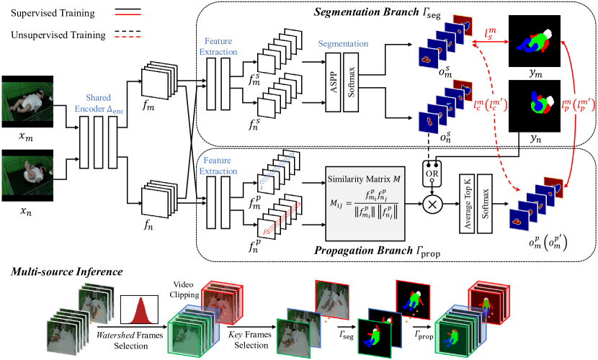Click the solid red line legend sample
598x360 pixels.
(128, 14)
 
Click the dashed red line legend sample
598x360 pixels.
(128, 37)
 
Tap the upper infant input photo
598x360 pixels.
(26, 100)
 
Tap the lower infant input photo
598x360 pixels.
(26, 175)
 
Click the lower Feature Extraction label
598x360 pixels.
(218, 166)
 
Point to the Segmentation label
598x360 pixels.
(343, 44)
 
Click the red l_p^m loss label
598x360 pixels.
(577, 105)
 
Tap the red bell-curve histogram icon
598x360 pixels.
(138, 310)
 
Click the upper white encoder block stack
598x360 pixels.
(159, 80)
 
